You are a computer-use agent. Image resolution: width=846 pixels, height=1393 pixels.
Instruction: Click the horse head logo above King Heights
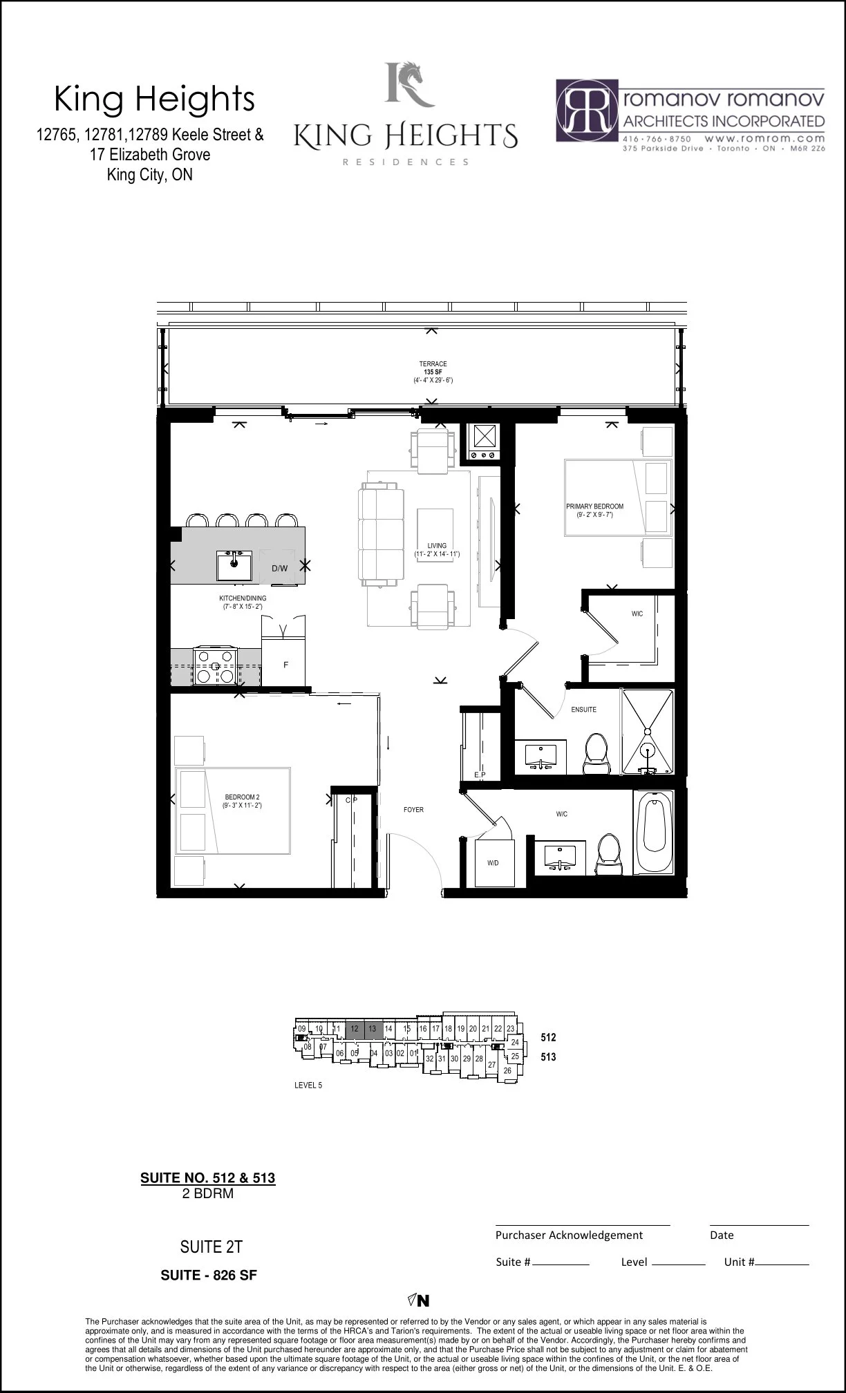click(411, 84)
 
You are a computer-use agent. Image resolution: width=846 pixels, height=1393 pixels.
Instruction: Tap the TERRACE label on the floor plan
click(433, 364)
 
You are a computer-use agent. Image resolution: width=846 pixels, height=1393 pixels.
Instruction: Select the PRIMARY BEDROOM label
click(594, 506)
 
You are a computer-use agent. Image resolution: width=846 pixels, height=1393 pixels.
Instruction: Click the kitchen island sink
click(234, 565)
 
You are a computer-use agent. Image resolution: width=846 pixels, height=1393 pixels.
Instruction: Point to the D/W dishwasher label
click(279, 569)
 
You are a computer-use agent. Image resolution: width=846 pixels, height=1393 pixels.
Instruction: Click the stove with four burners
click(216, 667)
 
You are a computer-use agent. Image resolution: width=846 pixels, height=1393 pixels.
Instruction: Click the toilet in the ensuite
click(596, 754)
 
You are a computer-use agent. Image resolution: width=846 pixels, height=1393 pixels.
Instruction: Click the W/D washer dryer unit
click(493, 863)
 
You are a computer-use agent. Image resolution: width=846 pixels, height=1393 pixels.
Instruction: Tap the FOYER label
click(413, 809)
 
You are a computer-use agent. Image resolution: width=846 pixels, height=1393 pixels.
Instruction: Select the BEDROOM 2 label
click(242, 797)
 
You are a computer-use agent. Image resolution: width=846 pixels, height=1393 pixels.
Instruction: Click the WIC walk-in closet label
click(637, 614)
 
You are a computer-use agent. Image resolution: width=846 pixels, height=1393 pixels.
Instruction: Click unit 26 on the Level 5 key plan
click(507, 1070)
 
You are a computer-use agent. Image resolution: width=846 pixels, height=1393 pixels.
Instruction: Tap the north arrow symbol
click(419, 1300)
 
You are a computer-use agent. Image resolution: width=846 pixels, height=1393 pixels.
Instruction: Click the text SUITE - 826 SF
click(209, 1275)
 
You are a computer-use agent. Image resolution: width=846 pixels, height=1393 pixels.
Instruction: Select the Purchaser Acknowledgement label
click(569, 1235)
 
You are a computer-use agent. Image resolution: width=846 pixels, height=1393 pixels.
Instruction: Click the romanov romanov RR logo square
click(587, 111)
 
